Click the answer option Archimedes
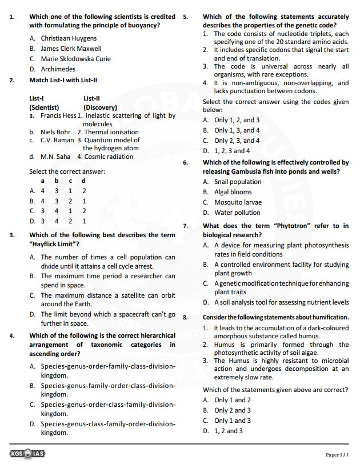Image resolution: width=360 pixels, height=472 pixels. [58, 69]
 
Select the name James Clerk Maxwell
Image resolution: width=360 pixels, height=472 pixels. [71, 49]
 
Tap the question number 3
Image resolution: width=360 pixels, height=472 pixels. [12, 235]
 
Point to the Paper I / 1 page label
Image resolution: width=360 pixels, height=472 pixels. [337, 454]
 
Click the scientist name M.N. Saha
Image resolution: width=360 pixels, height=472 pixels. [55, 156]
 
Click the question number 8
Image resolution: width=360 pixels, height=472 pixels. [185, 317]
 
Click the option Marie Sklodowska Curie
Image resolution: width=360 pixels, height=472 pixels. [75, 59]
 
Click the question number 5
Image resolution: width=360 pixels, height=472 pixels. [185, 17]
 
